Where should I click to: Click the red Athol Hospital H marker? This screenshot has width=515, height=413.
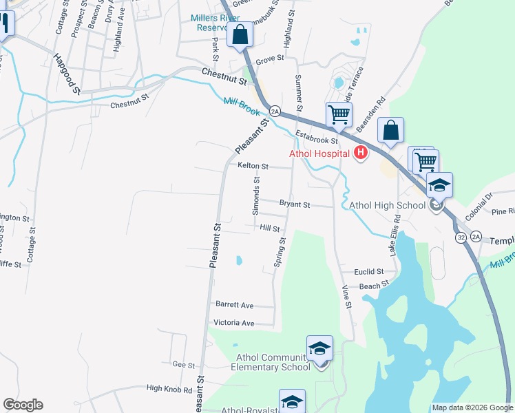click(x=359, y=153)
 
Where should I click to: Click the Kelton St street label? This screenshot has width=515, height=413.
click(x=253, y=166)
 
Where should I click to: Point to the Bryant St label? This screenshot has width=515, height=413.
click(x=295, y=205)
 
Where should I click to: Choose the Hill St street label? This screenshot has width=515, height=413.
click(x=269, y=228)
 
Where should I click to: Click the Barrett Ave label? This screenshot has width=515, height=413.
click(x=234, y=305)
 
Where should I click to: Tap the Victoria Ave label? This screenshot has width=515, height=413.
click(x=234, y=323)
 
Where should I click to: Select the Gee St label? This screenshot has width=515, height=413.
click(x=185, y=365)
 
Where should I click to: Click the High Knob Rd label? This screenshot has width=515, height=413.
click(x=169, y=390)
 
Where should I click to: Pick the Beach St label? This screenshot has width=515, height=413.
click(x=374, y=284)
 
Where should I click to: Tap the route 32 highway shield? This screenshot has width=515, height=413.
click(x=460, y=237)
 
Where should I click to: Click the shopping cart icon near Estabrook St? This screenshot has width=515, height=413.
click(x=339, y=115)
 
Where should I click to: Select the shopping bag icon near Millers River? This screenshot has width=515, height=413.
click(x=240, y=34)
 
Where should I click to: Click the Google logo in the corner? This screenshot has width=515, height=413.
click(x=23, y=405)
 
